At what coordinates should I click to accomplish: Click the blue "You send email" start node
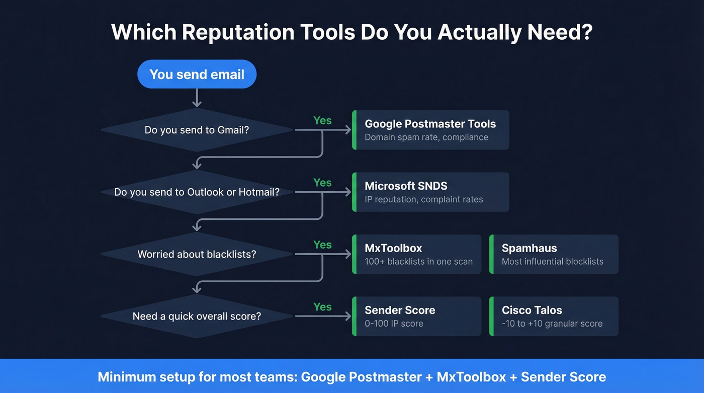(x=197, y=74)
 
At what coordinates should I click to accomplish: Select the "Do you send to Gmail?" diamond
(x=197, y=130)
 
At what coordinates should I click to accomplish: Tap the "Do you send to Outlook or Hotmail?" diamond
(x=197, y=192)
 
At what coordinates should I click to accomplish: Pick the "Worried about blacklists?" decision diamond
(x=197, y=254)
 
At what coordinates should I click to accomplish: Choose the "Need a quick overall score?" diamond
(x=197, y=317)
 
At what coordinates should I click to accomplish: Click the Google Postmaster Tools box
(x=430, y=130)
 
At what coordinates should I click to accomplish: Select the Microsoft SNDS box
(x=430, y=192)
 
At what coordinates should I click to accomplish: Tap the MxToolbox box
(x=417, y=254)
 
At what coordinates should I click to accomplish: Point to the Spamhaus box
(x=554, y=254)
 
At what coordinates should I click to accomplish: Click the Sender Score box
(x=417, y=317)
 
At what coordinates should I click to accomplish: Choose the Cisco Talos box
(x=554, y=317)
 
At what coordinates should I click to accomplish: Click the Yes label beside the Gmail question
(x=322, y=121)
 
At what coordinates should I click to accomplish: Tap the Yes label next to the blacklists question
(x=322, y=245)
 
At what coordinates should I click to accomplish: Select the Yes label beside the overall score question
(x=322, y=307)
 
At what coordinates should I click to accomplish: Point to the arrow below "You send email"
(x=197, y=98)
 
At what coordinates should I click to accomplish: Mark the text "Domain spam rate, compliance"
(x=426, y=137)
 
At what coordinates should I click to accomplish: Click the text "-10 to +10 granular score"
(x=552, y=324)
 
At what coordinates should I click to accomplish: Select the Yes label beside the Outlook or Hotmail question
(x=322, y=183)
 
